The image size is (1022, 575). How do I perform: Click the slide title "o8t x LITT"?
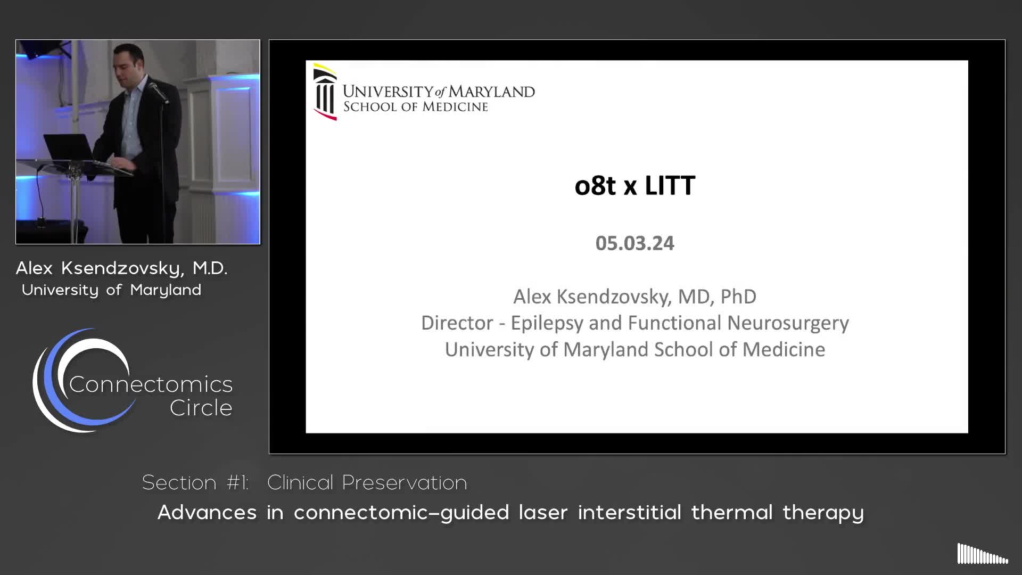pos(634,185)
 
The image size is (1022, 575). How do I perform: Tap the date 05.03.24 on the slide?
pos(634,243)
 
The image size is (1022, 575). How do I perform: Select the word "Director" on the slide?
pos(457,323)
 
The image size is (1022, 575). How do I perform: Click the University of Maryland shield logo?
pos(325,92)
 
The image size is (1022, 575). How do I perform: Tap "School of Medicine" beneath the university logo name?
pos(415,106)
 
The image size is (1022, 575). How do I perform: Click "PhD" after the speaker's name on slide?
pos(738,297)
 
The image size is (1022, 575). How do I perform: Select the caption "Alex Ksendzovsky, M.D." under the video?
pos(121,268)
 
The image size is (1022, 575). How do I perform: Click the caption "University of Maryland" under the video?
pos(111,290)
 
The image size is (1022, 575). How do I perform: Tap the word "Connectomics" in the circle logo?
pos(151,384)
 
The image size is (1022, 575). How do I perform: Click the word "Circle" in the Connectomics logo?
pos(201,408)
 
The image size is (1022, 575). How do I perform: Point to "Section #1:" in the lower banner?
pos(195,482)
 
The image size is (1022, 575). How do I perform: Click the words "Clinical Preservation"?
pos(367,482)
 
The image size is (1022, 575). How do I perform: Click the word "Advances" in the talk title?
pos(207,512)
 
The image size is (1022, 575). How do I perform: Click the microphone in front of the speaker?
pos(158,92)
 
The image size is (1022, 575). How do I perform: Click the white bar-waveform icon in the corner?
pos(983,554)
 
